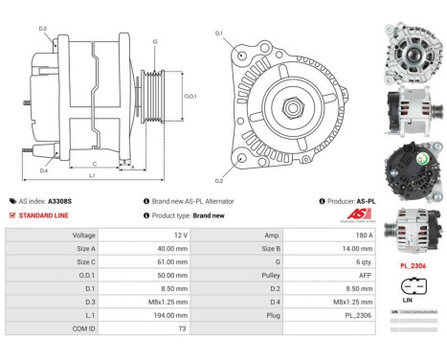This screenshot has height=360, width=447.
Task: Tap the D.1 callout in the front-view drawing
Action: pos(218,34)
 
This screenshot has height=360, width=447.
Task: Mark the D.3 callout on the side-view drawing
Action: pos(43,29)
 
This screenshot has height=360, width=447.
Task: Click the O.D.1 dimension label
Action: pos(190,96)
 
